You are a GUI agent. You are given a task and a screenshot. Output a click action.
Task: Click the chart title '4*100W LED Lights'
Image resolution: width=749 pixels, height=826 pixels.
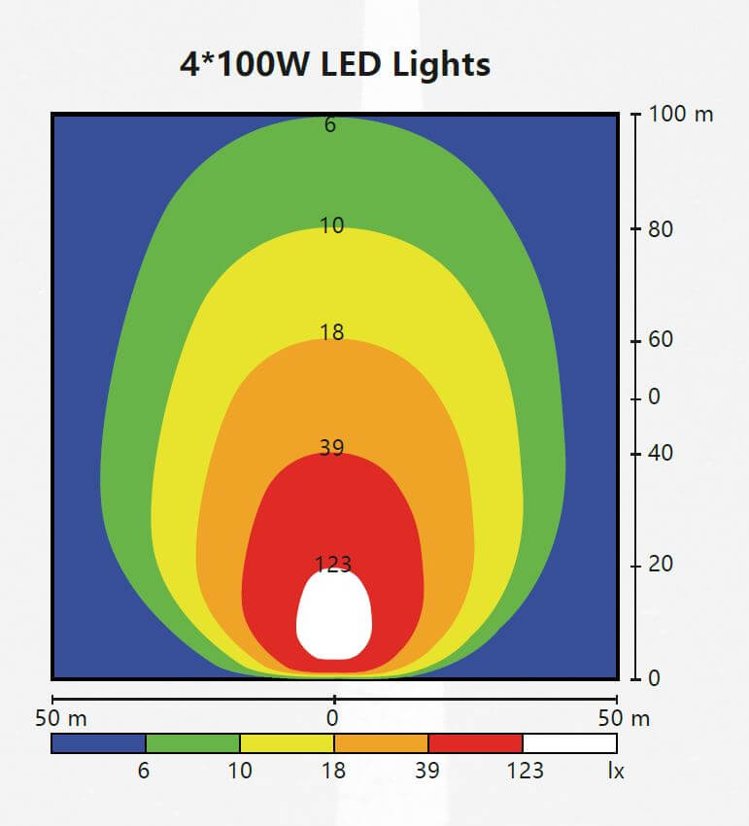[x=335, y=64]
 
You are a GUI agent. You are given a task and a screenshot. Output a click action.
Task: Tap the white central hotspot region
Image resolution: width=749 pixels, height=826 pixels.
[x=333, y=614]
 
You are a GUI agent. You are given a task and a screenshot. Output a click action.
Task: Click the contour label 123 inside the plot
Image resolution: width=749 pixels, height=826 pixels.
[x=333, y=564]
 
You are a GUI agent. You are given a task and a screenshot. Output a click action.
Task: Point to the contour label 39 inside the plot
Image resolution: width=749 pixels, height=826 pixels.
[x=332, y=448]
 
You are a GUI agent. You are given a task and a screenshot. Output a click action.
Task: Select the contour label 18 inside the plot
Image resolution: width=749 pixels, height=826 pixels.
[x=332, y=332]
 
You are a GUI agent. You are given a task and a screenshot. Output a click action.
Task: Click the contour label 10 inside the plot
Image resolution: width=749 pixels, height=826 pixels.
[x=332, y=225]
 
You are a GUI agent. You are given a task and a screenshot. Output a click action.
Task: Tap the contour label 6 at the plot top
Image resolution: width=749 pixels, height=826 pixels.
[x=330, y=124]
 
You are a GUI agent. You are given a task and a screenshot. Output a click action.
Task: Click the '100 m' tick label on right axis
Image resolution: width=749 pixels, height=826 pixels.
[x=681, y=115]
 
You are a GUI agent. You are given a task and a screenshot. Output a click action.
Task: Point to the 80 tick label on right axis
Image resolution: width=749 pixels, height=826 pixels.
[x=662, y=230]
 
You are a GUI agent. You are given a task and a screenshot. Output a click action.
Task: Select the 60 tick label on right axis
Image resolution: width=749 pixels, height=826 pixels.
[x=662, y=340]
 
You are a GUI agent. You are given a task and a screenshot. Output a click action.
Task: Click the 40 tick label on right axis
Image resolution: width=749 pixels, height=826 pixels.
[x=662, y=453]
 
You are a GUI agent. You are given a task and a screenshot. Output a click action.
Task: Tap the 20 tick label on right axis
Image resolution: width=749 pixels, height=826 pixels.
[x=662, y=565]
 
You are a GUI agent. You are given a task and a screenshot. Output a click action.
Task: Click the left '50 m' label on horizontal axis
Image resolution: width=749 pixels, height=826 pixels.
[x=61, y=719]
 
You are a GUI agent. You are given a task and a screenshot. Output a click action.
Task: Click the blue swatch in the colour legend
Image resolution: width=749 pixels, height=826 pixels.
[x=98, y=743]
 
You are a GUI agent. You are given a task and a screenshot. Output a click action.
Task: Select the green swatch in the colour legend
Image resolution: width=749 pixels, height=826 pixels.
[x=192, y=743]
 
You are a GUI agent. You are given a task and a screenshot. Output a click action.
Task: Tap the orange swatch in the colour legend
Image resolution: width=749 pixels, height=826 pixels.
[x=381, y=743]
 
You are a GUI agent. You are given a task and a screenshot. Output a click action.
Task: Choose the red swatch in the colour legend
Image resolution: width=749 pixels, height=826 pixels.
[x=475, y=743]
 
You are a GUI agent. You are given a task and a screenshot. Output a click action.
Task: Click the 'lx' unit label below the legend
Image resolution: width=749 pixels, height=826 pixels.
[x=616, y=772]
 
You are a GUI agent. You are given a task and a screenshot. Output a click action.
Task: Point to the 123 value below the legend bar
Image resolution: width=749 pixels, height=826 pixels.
[x=525, y=772]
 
